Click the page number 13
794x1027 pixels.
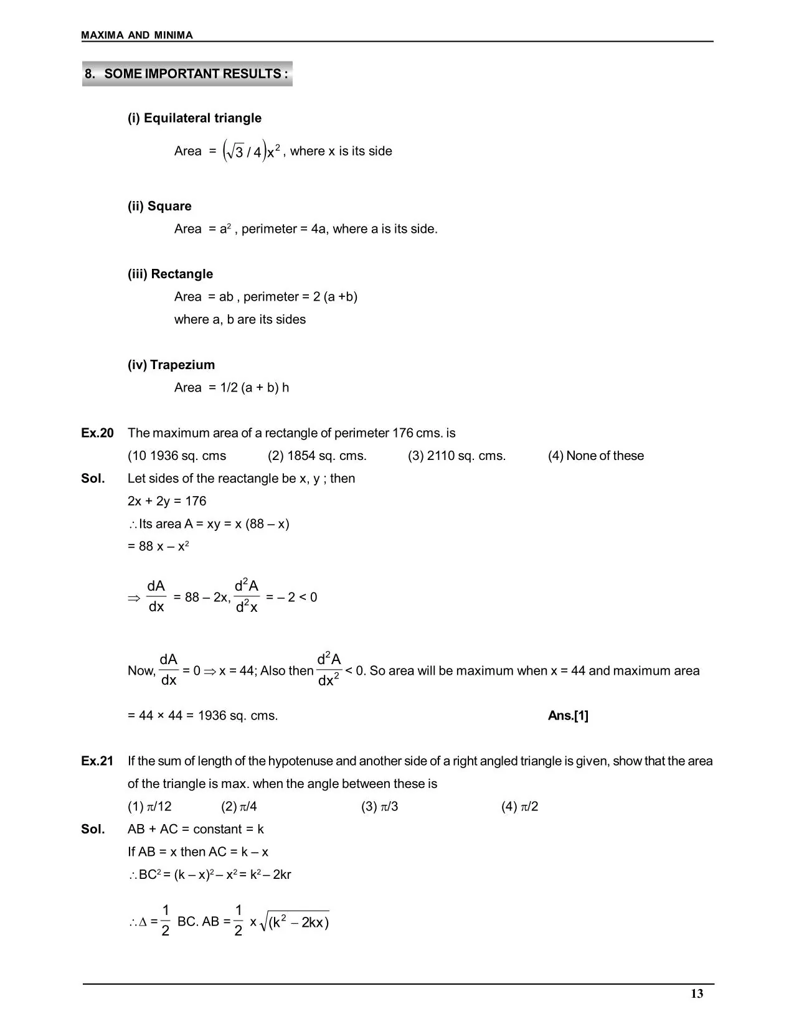pos(697,994)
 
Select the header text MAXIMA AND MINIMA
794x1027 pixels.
pos(137,35)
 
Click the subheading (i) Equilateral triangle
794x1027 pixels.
pos(194,118)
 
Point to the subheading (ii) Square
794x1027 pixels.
pos(159,207)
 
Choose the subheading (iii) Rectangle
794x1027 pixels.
pos(170,274)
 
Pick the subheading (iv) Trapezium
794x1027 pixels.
pos(171,365)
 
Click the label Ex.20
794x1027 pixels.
pos(97,433)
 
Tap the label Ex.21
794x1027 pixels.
pos(97,761)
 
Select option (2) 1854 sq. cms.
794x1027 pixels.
pos(317,456)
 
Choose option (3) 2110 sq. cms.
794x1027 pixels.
pos(456,456)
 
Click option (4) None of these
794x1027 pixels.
pos(595,456)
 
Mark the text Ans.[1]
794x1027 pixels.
pos(568,716)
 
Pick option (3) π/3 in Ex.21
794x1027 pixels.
pos(379,807)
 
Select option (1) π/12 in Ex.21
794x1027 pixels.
pos(149,807)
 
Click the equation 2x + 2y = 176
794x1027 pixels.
pos(167,502)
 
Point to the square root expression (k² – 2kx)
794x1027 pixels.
pos(295,921)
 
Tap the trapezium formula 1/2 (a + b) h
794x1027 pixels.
pos(255,388)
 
